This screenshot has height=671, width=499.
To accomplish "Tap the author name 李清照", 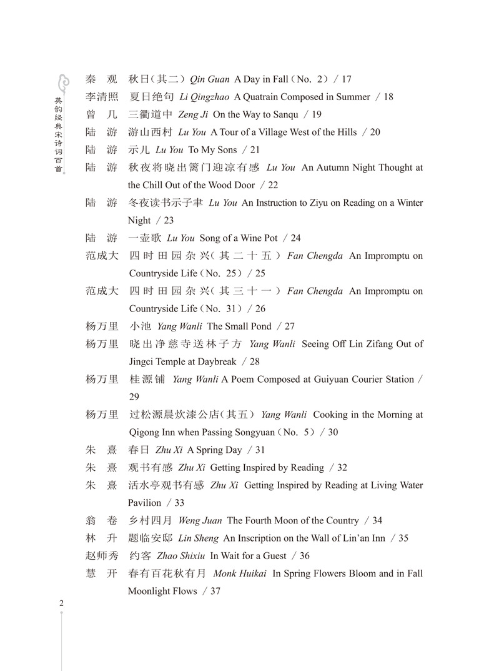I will click(x=102, y=97).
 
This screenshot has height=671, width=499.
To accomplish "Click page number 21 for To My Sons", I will click(x=254, y=150).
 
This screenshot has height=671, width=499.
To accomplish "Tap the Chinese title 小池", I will click(x=139, y=326).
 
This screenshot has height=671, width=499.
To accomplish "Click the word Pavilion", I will click(x=145, y=503).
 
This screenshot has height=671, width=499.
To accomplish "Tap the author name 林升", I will click(x=102, y=538).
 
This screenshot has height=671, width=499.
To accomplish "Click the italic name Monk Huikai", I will click(x=240, y=573).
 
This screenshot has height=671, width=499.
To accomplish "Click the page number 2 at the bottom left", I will click(x=61, y=603).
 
